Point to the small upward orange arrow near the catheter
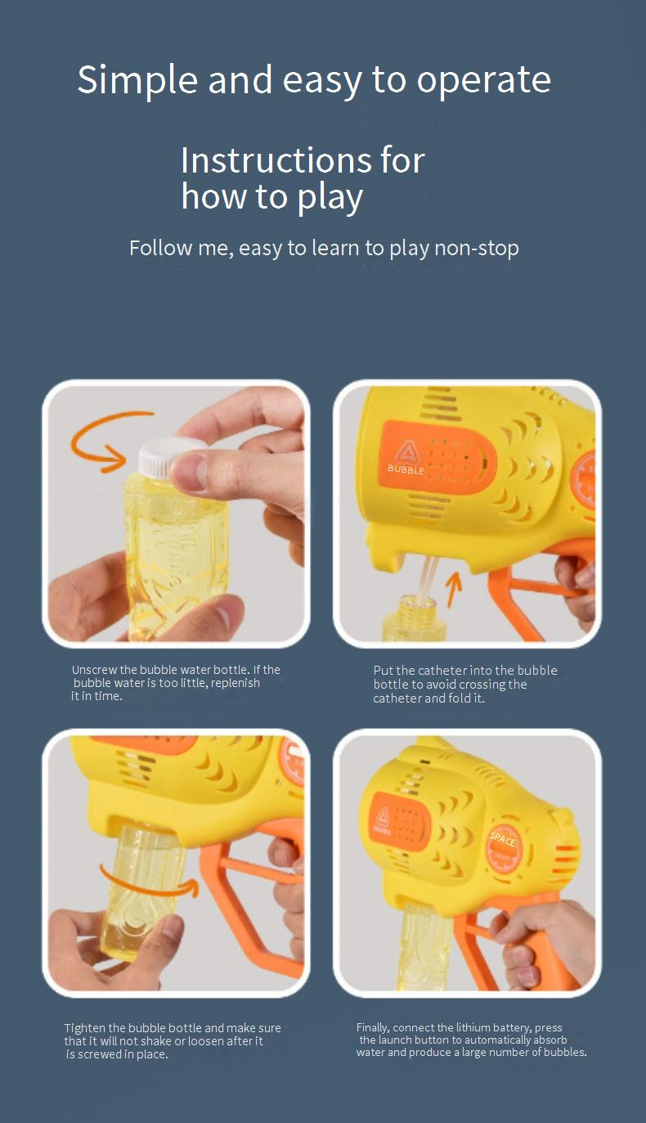pyautogui.click(x=454, y=589)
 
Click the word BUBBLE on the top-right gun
pyautogui.click(x=406, y=469)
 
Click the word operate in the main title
pyautogui.click(x=483, y=79)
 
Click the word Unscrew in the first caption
pyautogui.click(x=94, y=670)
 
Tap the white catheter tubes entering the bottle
pyautogui.click(x=428, y=576)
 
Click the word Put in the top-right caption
pyautogui.click(x=384, y=671)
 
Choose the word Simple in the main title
pyautogui.click(x=138, y=79)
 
